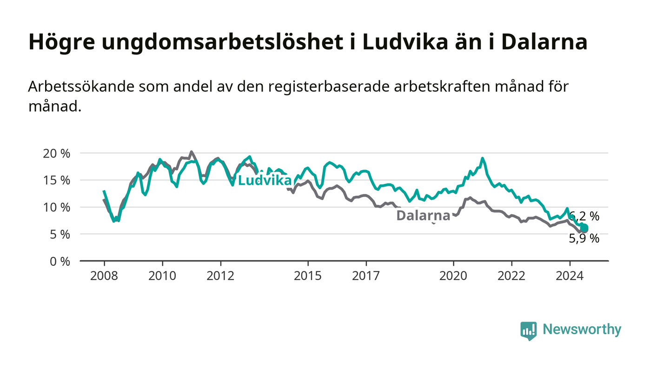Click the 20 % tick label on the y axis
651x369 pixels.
coord(56,153)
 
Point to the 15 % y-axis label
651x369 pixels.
coord(56,180)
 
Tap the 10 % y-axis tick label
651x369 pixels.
coord(56,207)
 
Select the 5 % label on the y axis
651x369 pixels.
coord(60,235)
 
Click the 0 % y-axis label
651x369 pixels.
coord(60,262)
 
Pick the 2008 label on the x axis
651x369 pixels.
coord(104,276)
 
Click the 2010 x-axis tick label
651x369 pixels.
coord(162,276)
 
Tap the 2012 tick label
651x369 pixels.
coord(220,276)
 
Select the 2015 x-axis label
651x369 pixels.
coord(308,276)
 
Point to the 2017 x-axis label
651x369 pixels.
coord(366,276)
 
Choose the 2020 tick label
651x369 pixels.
coord(453,276)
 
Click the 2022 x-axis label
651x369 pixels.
coord(511,276)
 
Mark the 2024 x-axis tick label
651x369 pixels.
coord(570,276)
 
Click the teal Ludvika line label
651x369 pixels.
coord(265,180)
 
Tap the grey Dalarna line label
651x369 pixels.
coord(423,216)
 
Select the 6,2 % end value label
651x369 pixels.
coord(584,217)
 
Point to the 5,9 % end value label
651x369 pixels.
coord(584,238)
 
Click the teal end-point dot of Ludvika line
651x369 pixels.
coord(584,228)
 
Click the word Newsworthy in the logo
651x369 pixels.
coord(582,329)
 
